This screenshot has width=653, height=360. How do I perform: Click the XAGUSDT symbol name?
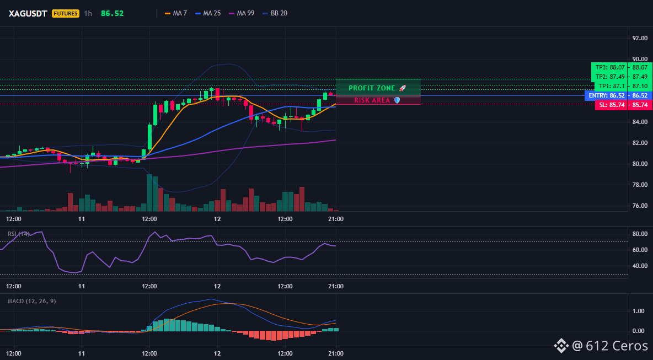point(28,13)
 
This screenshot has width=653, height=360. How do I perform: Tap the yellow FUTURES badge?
point(66,13)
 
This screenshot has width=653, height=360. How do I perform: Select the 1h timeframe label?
point(88,13)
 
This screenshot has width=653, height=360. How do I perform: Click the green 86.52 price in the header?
point(112,13)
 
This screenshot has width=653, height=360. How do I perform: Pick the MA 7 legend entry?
point(176,13)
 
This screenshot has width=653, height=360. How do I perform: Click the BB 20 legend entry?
point(275,13)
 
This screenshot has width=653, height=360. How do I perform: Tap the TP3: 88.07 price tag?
point(609,67)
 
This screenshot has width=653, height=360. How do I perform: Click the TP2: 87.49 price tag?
point(609,77)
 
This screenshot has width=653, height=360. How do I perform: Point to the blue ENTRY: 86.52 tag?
point(607,96)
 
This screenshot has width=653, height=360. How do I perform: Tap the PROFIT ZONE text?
point(372,88)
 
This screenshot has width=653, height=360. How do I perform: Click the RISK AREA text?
point(372,100)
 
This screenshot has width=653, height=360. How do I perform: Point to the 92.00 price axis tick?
point(640,38)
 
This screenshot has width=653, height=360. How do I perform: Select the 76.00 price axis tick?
point(640,206)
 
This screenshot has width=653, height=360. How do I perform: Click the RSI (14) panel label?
point(19,234)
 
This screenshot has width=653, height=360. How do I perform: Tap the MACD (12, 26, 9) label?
point(31,301)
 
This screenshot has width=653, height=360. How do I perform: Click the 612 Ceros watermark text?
point(618,345)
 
